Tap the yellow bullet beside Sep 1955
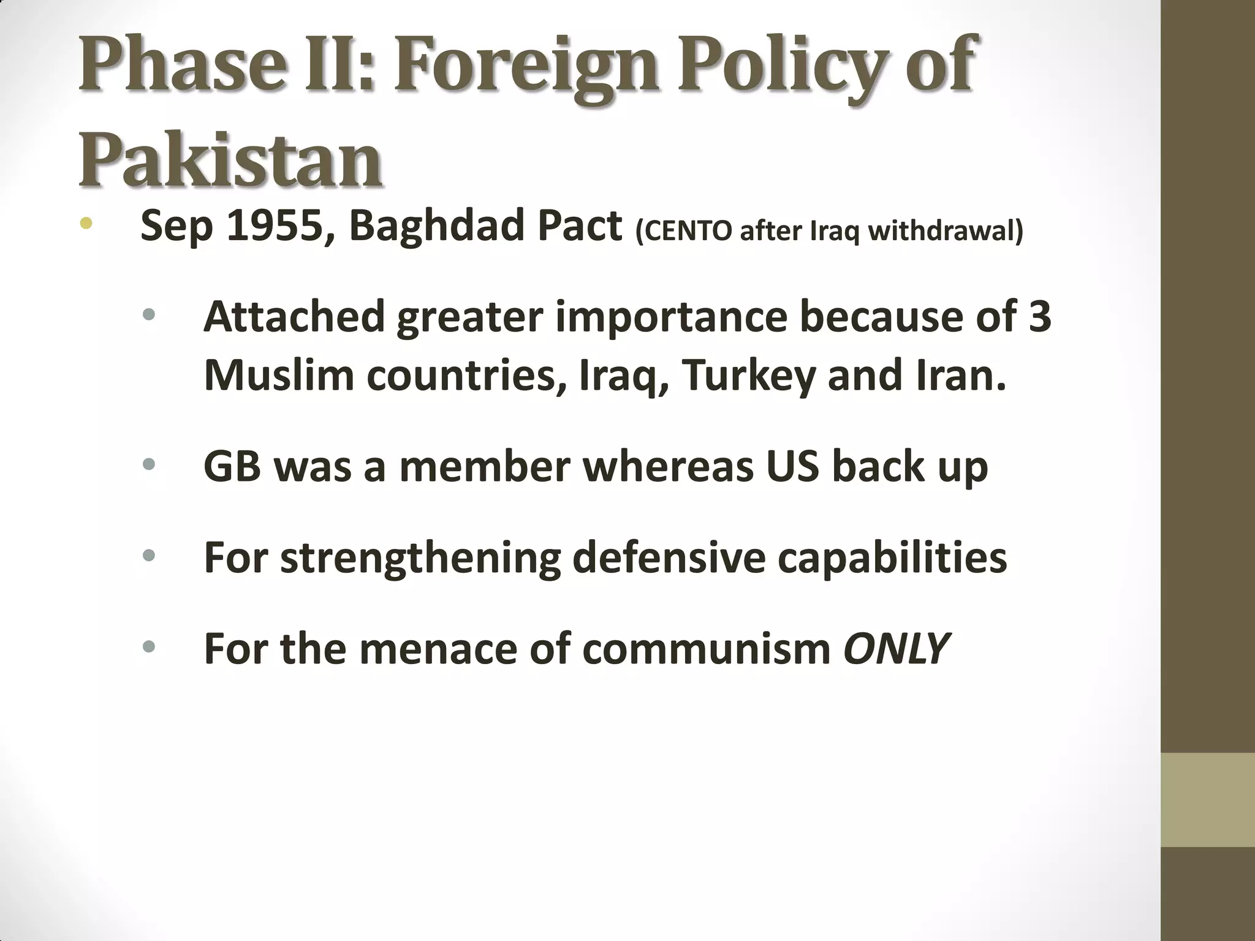[x=86, y=224]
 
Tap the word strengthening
[x=420, y=557]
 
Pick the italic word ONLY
[x=897, y=648]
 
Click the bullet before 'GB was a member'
[x=148, y=466]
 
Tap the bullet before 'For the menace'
[x=148, y=647]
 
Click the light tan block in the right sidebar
[x=1207, y=799]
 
